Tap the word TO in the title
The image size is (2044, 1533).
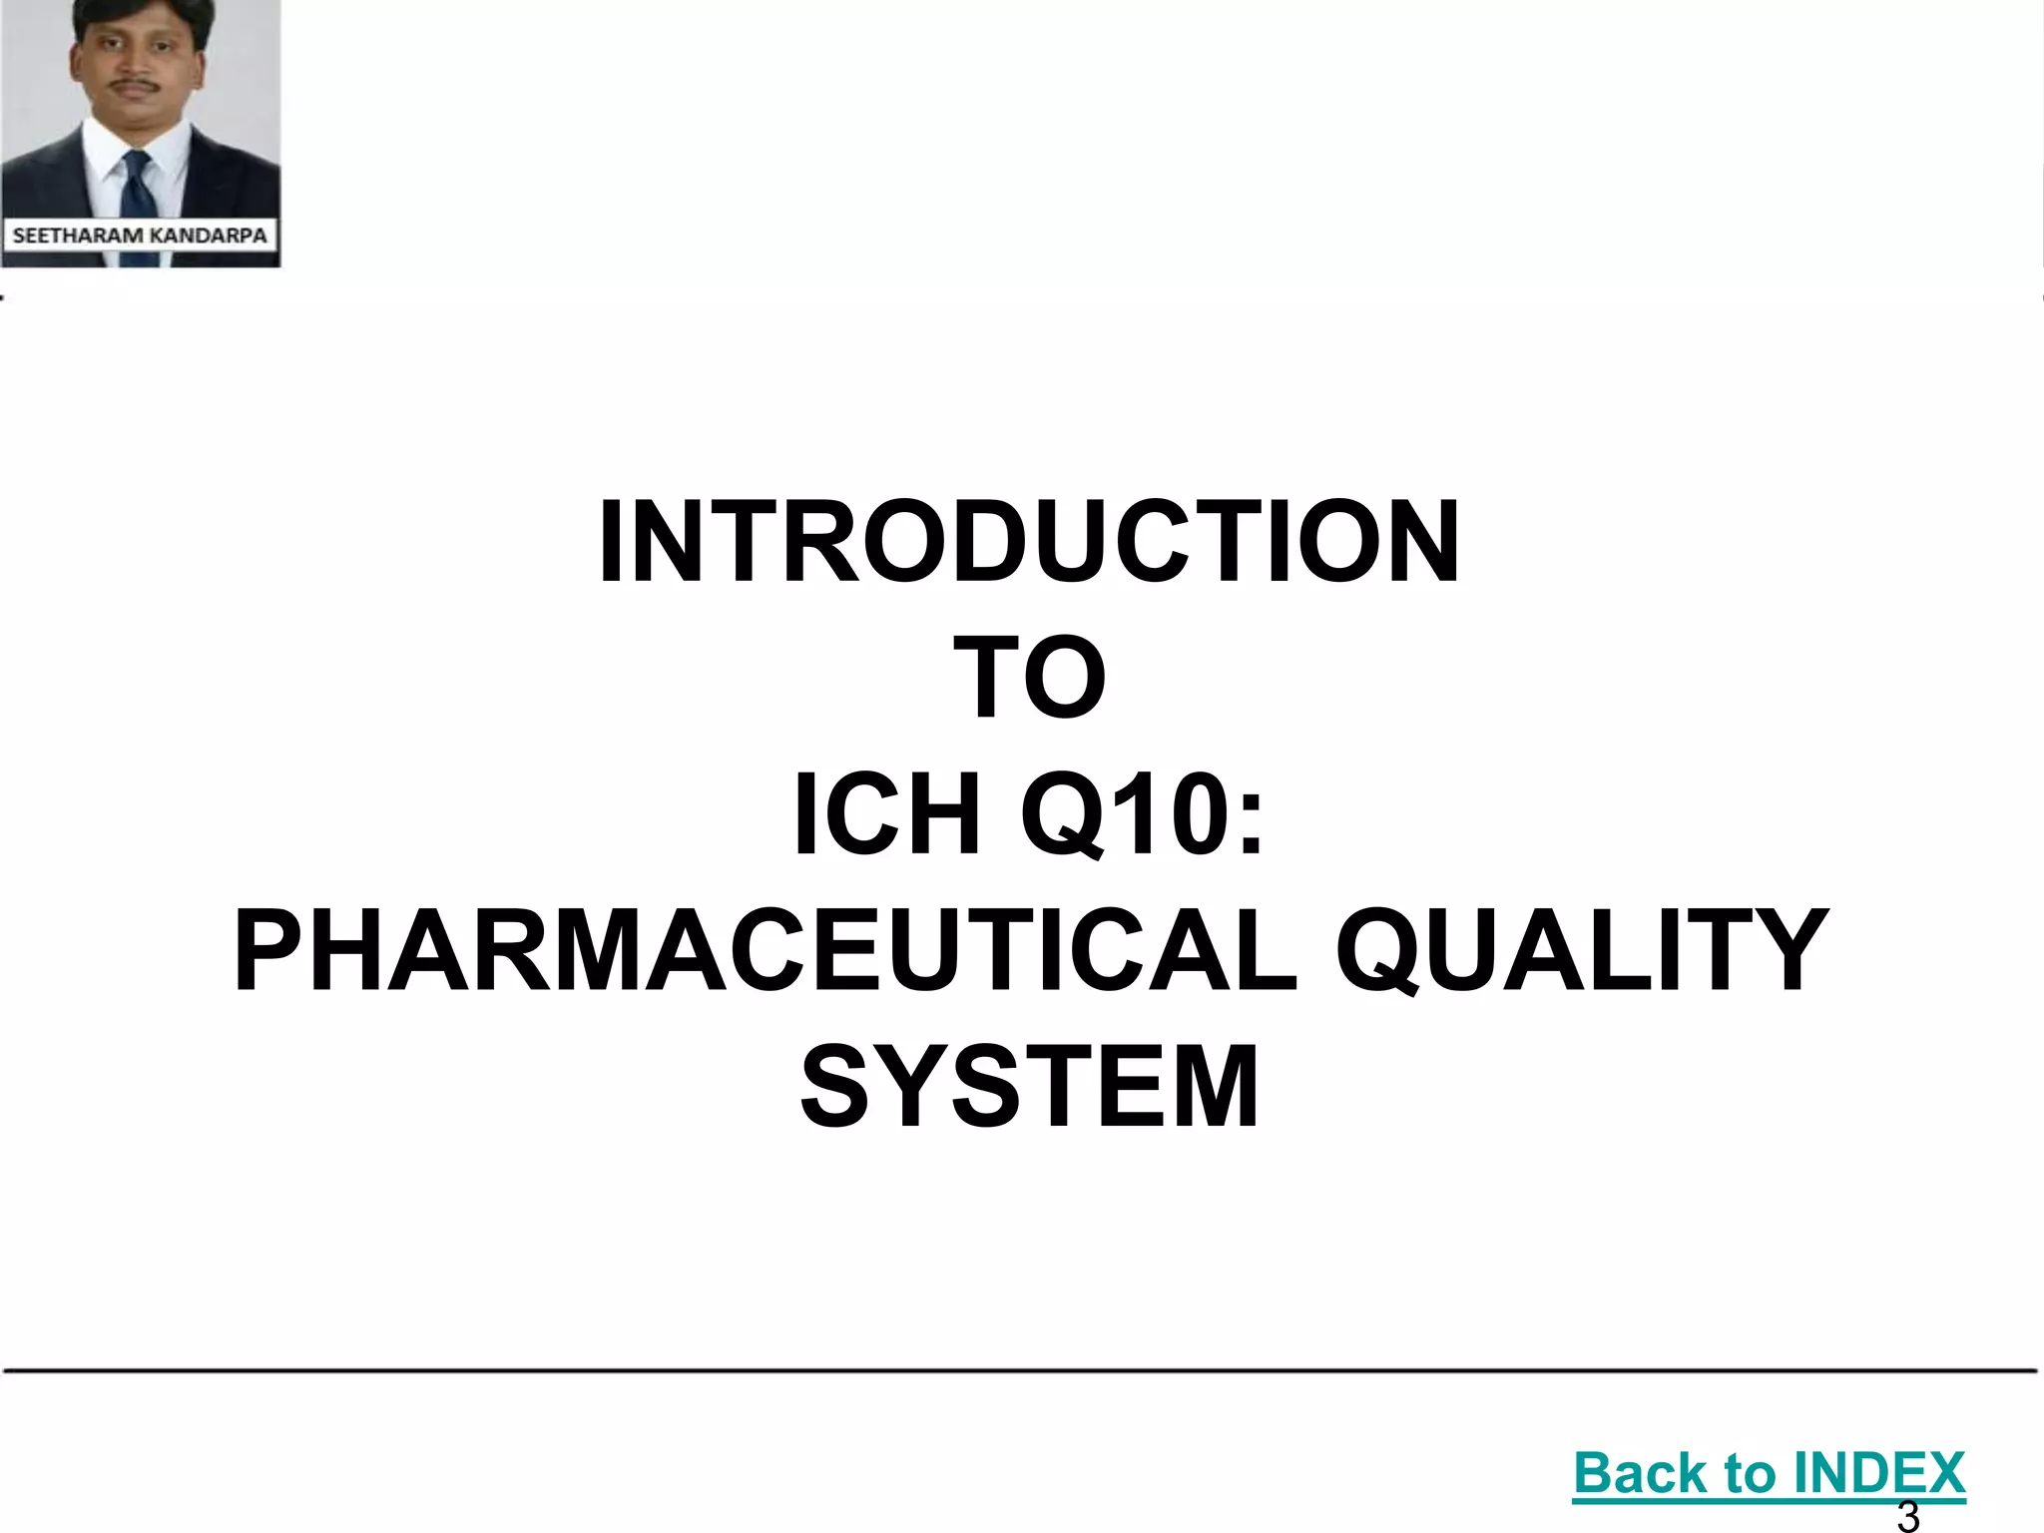(1029, 679)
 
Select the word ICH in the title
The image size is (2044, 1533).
(886, 815)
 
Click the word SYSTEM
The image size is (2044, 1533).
(1029, 1088)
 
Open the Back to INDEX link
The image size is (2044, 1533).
(1769, 1473)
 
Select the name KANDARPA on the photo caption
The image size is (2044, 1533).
(207, 236)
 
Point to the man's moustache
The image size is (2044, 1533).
(135, 88)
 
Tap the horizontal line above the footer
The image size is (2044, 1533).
(1020, 1371)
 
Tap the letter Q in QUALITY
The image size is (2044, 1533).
(1377, 953)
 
